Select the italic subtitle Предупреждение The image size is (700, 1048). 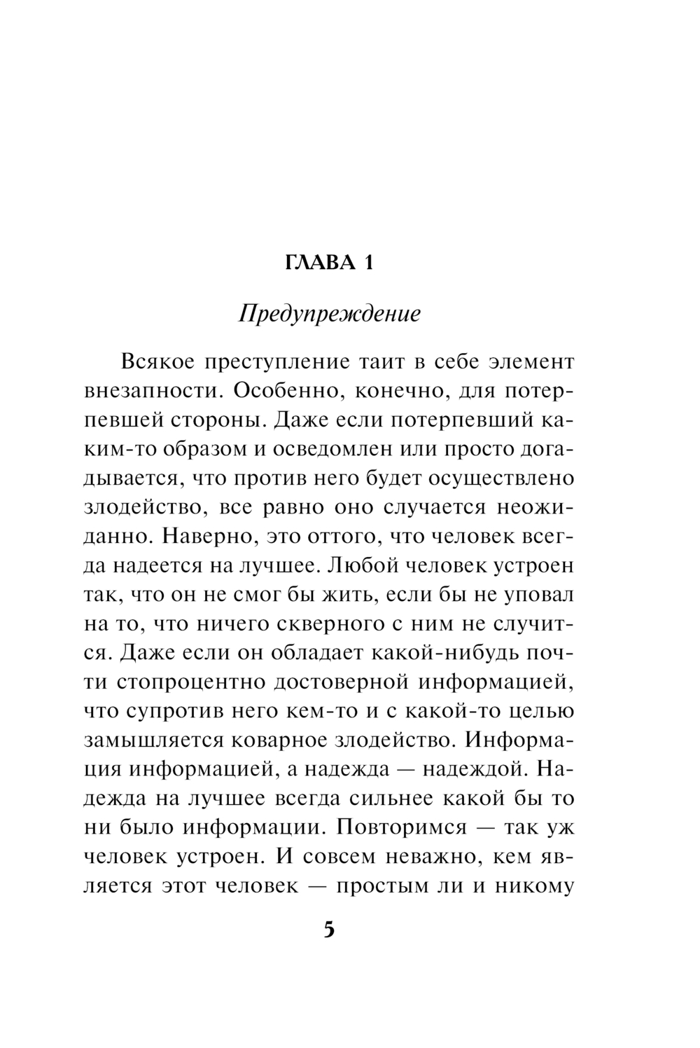click(330, 313)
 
